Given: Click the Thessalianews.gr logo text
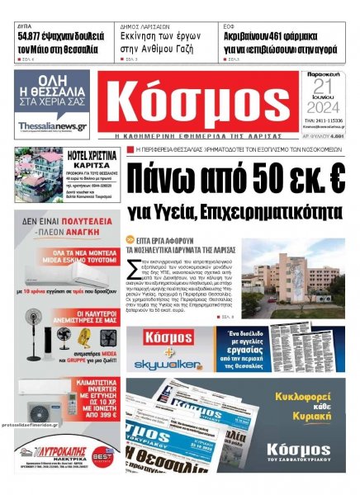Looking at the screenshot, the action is [x=51, y=126].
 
